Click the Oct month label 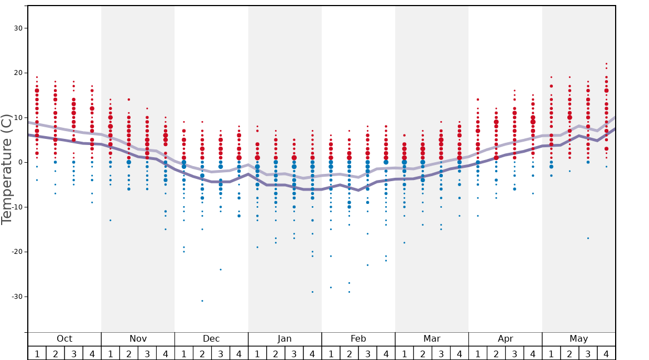point(64,339)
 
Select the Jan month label point(284,339)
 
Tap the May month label point(578,339)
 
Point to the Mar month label point(432,339)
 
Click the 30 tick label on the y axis point(16,28)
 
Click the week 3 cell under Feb point(367,353)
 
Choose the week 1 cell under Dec point(184,353)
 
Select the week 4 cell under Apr point(533,353)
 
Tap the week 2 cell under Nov point(129,353)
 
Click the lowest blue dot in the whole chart point(202,301)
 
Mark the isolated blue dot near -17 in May point(588,238)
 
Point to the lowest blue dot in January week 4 point(312,292)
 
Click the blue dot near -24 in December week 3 point(221,269)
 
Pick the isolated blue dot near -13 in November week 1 point(111,220)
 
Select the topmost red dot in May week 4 point(606,64)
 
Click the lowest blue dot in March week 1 point(404,243)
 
